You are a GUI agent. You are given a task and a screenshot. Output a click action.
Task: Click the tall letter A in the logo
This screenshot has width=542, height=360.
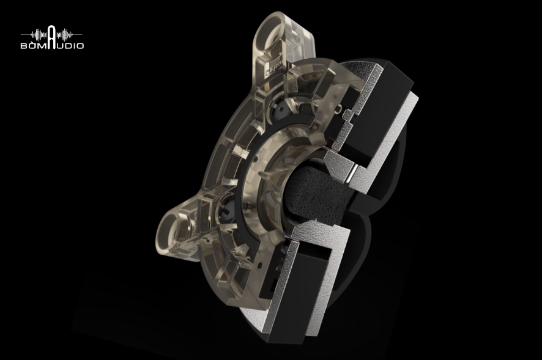pos(51,37)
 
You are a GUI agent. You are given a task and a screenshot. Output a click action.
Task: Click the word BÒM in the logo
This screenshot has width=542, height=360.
pos(33,46)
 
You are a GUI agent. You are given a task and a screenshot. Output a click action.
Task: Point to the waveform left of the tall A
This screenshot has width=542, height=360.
pos(39,35)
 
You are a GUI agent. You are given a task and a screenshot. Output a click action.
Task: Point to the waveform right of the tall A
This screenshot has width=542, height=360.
pos(64,35)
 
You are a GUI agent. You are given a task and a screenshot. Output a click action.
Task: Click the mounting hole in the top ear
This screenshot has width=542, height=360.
pos(270,43)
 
